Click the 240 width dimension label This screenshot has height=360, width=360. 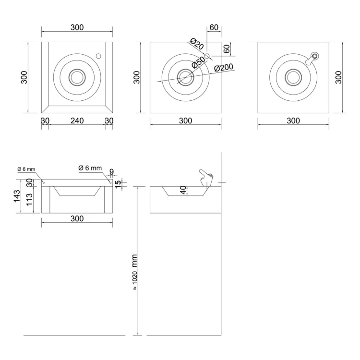click(77, 120)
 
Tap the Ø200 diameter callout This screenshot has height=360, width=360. click(224, 68)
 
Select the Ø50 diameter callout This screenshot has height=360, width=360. click(198, 62)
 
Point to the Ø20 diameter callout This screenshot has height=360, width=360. click(197, 44)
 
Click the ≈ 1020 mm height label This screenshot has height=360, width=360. click(134, 272)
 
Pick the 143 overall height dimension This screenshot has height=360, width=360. click(17, 196)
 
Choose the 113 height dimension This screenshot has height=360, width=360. click(29, 200)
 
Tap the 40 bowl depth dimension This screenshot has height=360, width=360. click(183, 190)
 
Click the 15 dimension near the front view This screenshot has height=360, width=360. click(118, 184)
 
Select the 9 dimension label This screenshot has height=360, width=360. click(111, 171)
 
